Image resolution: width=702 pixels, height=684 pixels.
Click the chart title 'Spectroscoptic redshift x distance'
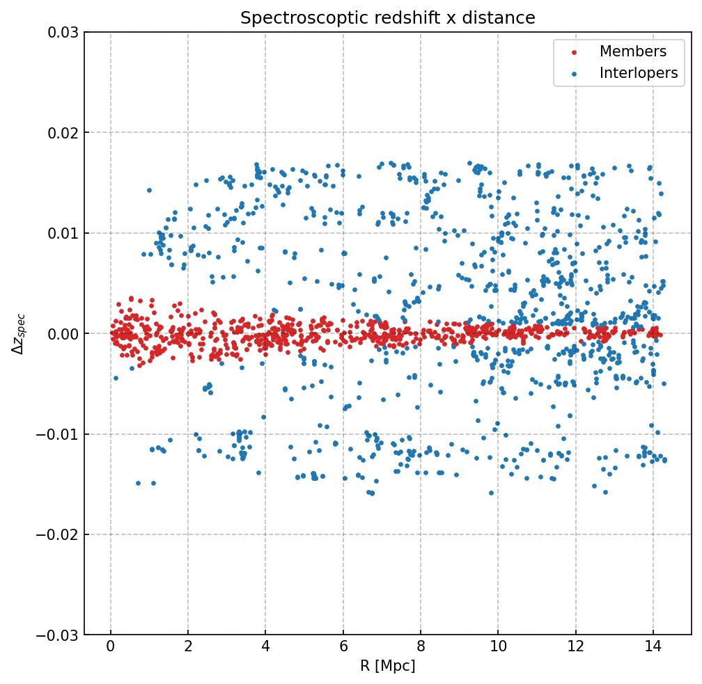tap(388, 18)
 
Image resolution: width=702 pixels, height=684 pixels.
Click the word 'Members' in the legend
tap(632, 51)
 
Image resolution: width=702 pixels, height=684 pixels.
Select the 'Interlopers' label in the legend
tap(638, 73)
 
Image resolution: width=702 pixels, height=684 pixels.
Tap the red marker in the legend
tap(573, 52)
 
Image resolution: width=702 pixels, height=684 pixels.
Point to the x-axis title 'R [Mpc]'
tap(388, 666)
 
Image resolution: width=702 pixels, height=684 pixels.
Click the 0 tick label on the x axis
tap(111, 649)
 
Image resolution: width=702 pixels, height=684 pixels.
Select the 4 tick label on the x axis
tap(265, 649)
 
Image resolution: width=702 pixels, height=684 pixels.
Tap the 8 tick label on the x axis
tap(421, 649)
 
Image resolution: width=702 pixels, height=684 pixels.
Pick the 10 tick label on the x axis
tap(498, 649)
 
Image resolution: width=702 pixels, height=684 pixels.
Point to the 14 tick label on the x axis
tap(653, 649)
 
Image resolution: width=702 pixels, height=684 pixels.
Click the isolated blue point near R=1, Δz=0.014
tap(149, 190)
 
